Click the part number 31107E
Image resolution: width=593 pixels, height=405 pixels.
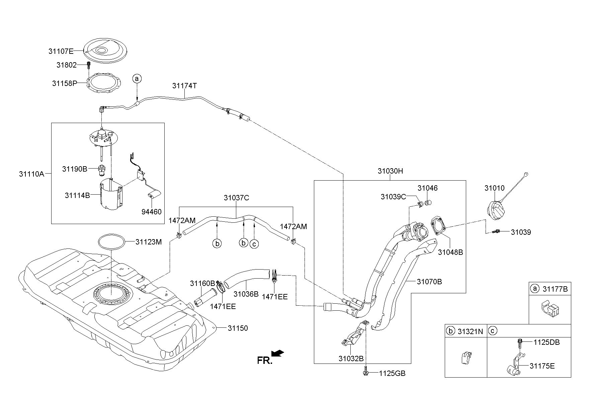[x=61, y=51]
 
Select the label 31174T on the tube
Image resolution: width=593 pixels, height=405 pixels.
[x=184, y=86]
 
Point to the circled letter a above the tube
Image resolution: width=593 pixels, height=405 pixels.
[x=137, y=79]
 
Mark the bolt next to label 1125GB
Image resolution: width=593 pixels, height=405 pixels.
[x=365, y=372]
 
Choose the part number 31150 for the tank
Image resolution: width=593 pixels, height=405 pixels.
[x=238, y=328]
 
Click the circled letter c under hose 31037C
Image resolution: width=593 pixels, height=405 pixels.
[x=254, y=244]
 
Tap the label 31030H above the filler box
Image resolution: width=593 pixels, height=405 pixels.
[x=390, y=171]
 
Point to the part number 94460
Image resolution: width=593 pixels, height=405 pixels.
[x=151, y=212]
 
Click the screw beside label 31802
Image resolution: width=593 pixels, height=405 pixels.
[x=89, y=65]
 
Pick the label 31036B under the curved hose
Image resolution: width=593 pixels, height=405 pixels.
[x=246, y=294]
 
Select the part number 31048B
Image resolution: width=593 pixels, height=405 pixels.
[x=450, y=252]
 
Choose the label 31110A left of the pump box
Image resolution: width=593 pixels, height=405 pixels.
[x=31, y=174]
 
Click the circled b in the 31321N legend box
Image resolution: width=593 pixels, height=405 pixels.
[x=450, y=331]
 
